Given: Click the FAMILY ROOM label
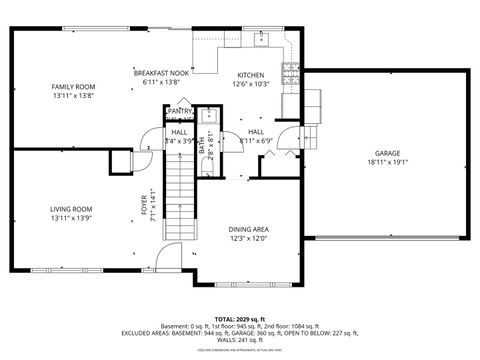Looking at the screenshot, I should click(x=73, y=87).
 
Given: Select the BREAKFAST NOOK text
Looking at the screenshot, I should click(x=161, y=73).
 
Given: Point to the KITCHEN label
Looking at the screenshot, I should click(x=250, y=76).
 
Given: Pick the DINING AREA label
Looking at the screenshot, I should click(x=249, y=229).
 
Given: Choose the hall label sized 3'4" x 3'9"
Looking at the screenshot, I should click(x=179, y=137).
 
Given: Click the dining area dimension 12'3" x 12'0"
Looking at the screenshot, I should click(x=249, y=240).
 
